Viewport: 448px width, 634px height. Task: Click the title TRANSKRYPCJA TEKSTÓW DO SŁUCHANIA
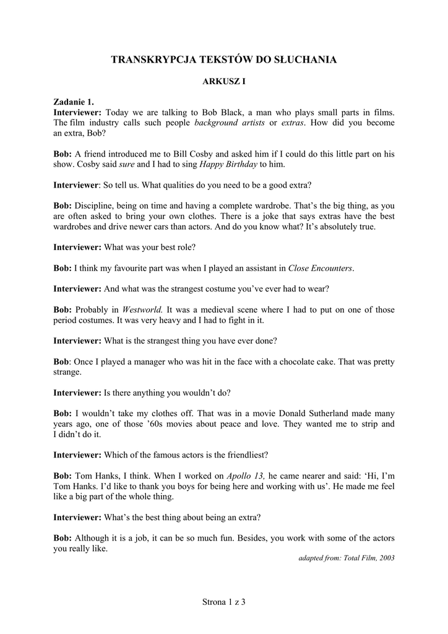click(223, 59)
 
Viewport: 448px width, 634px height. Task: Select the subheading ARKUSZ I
click(224, 81)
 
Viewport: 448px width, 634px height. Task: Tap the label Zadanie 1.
click(74, 102)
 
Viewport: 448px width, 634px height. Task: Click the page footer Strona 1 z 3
click(224, 601)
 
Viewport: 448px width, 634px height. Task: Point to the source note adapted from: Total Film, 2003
click(346, 558)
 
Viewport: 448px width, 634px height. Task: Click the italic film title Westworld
click(142, 310)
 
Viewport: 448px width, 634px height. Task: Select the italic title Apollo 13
click(246, 476)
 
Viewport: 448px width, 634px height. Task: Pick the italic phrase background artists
click(226, 123)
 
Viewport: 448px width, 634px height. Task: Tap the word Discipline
click(94, 206)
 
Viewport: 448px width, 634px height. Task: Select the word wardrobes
click(74, 227)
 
